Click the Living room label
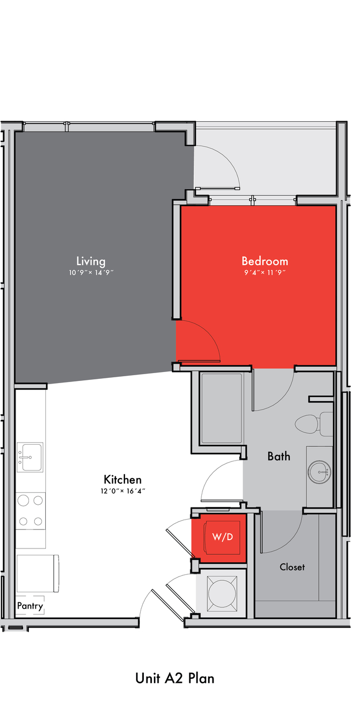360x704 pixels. [91, 261]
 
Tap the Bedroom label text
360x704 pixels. [265, 261]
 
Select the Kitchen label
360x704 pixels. [123, 480]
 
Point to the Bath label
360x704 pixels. [279, 456]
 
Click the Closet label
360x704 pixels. [292, 567]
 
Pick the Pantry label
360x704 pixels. [30, 606]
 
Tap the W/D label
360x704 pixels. [222, 537]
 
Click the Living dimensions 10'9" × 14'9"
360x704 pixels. [91, 272]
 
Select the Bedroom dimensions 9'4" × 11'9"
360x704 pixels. [265, 272]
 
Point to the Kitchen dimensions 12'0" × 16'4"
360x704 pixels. [123, 491]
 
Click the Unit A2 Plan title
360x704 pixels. [175, 679]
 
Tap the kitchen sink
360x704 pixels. [30, 457]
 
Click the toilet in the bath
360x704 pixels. [314, 424]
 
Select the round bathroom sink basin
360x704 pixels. [319, 472]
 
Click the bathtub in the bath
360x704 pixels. [222, 408]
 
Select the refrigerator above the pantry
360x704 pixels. [38, 573]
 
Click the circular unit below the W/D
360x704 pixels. [222, 593]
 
